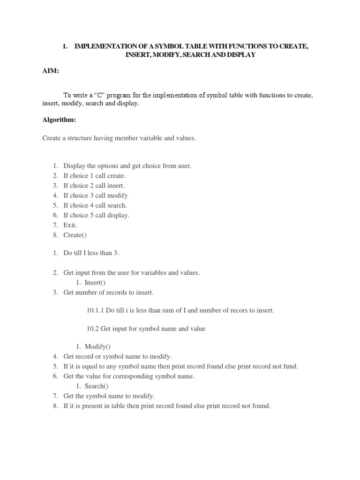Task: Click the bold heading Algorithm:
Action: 59,120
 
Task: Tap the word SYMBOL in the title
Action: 150,47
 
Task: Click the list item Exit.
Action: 70,225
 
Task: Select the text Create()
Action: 75,235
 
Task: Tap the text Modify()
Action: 97,346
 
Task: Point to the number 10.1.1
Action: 96,310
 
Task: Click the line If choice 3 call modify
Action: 96,195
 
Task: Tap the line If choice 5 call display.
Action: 96,215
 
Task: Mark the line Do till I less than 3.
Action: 91,253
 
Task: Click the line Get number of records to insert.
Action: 108,292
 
